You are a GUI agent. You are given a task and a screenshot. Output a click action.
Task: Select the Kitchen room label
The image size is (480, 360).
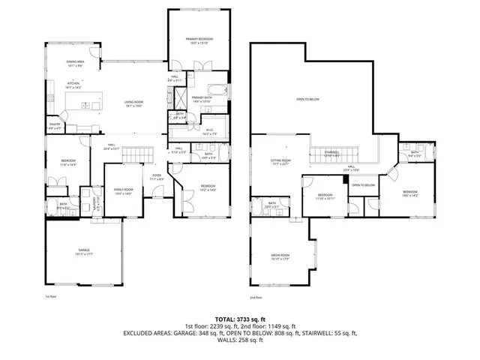tap(73, 83)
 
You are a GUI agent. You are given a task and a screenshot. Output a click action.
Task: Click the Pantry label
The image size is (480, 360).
tap(55, 124)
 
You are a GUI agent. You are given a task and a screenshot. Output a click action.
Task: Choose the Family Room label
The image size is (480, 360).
tap(123, 189)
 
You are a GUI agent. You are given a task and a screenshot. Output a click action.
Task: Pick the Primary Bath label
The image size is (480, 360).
tap(201, 97)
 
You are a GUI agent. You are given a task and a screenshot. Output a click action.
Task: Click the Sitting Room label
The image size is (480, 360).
tap(280, 160)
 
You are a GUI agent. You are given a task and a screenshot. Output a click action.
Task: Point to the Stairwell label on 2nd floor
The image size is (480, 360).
tap(332, 151)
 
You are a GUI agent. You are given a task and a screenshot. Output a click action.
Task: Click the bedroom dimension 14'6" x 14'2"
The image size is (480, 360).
tap(410, 196)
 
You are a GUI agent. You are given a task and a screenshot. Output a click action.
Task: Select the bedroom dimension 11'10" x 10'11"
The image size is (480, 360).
tap(325, 199)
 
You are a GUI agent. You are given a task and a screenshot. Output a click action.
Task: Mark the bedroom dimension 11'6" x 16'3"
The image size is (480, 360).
tap(67, 164)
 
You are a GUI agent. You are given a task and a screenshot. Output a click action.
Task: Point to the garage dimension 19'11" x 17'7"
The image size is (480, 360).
tap(83, 254)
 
